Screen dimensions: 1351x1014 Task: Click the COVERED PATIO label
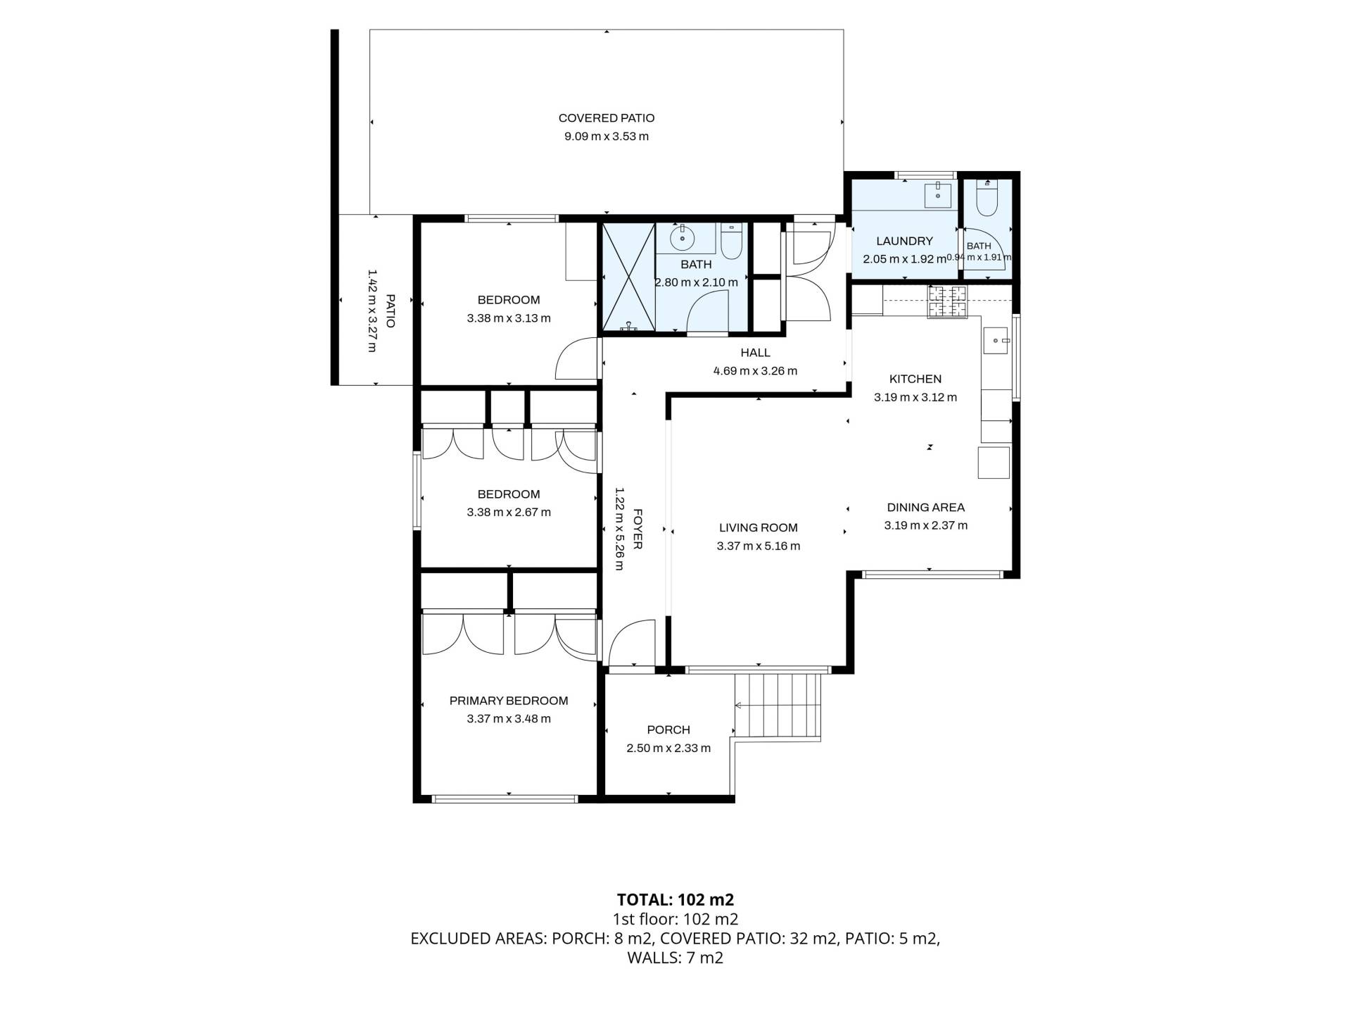[607, 118]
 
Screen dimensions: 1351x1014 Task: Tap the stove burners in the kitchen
[947, 302]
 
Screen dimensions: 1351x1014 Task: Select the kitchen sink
[996, 341]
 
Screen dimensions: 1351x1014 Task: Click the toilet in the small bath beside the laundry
[987, 199]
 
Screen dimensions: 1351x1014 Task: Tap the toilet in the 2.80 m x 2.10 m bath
[732, 241]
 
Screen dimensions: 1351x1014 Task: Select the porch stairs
[778, 706]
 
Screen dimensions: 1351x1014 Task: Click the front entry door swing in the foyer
[631, 642]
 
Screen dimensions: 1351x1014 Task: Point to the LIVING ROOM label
[759, 527]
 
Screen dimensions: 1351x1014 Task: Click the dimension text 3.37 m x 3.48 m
[509, 719]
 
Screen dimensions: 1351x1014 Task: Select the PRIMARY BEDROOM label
[509, 701]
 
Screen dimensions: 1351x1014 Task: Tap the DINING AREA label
[925, 507]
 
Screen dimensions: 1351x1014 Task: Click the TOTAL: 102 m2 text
[675, 899]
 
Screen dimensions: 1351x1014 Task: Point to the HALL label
[755, 353]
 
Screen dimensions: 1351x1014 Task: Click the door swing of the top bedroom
[576, 359]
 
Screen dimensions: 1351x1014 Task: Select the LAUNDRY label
[904, 241]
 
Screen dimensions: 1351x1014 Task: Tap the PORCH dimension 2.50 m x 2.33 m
[668, 748]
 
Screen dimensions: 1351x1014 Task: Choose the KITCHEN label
[915, 379]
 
